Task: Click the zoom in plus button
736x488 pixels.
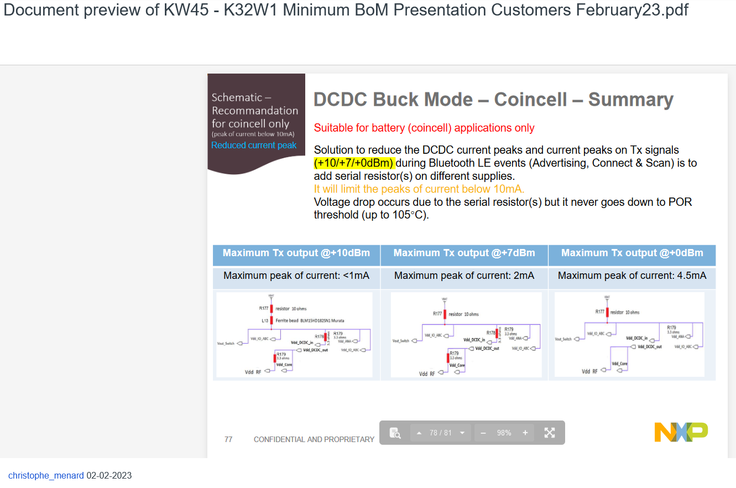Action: coord(525,433)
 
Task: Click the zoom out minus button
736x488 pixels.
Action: coord(483,433)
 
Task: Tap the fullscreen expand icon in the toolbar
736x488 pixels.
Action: coord(549,433)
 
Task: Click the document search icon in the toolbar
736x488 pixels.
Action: coord(395,433)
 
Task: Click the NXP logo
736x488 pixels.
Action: coord(681,432)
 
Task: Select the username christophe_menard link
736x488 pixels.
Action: coord(46,475)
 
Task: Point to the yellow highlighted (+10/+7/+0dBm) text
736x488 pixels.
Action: coord(354,163)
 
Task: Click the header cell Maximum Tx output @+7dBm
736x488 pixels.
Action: coord(464,253)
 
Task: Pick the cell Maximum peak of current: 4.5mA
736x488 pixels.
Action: coord(631,276)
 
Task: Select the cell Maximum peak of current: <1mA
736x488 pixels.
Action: coord(296,276)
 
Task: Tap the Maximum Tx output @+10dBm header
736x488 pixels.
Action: coord(296,253)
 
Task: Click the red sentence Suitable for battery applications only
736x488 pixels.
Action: coord(424,128)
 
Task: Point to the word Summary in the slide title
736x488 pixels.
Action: coord(630,100)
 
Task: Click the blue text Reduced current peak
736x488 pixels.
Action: coord(254,146)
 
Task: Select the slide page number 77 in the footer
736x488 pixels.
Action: coord(228,439)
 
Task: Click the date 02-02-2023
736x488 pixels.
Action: coord(109,475)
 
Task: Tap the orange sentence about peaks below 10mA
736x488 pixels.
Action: coord(419,189)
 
